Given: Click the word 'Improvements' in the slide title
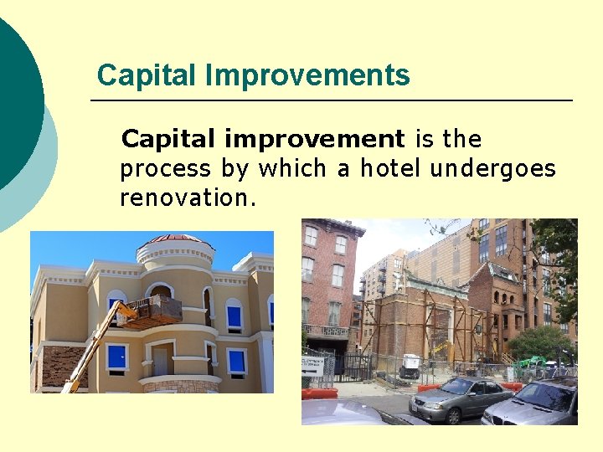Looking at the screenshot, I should pos(308,75).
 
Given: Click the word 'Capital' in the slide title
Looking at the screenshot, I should pos(147,75).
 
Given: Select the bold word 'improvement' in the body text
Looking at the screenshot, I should pos(316,139).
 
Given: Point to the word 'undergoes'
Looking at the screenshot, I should pos(492,169).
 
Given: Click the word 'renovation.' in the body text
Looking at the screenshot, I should pos(188,198).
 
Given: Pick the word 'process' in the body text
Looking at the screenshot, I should pos(166,169).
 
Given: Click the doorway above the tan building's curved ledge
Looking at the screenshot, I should pos(160,359).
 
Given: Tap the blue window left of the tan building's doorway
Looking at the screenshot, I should pos(117,357).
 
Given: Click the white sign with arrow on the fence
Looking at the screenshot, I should pos(313,364).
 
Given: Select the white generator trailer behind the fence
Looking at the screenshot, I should pos(410,366).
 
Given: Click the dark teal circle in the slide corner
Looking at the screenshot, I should pos(13,92).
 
